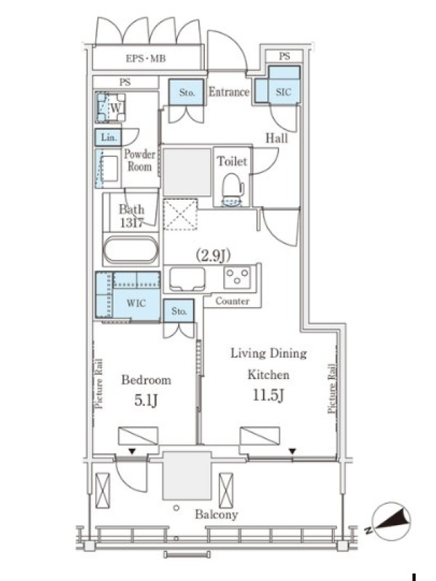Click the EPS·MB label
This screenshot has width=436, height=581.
146,59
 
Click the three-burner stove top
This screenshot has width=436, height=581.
238,276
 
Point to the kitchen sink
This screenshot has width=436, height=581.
187,279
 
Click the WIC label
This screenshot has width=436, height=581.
136,303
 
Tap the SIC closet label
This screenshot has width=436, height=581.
283,92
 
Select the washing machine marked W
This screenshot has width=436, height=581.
110,107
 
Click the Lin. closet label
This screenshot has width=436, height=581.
108,137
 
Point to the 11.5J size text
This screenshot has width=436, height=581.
268,395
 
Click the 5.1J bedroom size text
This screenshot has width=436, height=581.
146,400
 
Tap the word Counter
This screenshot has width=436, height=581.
233,301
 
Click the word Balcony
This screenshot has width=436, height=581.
216,514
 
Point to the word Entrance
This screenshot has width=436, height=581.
229,92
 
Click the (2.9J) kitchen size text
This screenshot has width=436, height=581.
213,256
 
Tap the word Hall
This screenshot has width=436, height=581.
276,139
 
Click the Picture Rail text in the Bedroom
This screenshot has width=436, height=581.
99,383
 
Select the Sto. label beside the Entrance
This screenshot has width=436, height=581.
187,92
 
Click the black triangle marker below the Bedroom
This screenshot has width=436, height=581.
132,451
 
